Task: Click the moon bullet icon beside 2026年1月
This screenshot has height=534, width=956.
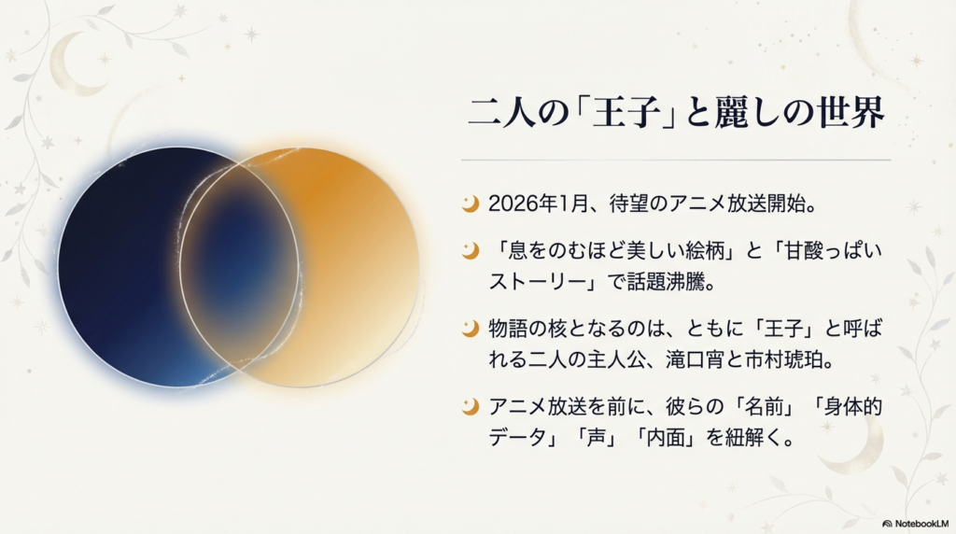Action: click(x=471, y=203)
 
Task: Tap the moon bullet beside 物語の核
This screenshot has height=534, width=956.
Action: click(x=471, y=328)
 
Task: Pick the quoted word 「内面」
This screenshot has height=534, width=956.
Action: click(x=671, y=437)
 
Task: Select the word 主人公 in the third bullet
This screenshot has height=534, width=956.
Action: click(x=596, y=358)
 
